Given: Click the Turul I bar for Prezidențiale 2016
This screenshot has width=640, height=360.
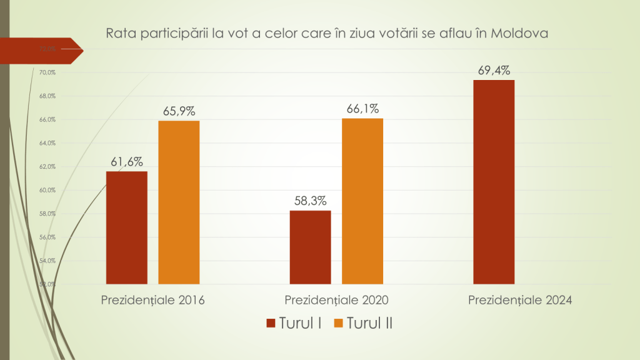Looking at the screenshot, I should [x=127, y=227].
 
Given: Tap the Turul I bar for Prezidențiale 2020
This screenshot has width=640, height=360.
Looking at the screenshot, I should [x=311, y=247].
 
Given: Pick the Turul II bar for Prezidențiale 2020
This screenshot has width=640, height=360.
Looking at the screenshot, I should [x=362, y=201].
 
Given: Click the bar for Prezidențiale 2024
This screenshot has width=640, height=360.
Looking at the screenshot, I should [x=494, y=182].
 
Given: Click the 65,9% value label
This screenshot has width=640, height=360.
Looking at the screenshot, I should [x=179, y=112].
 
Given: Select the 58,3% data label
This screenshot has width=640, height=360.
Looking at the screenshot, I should [x=311, y=201].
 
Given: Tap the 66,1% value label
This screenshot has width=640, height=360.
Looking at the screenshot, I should [x=362, y=109].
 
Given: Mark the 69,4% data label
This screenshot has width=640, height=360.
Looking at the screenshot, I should [x=494, y=71].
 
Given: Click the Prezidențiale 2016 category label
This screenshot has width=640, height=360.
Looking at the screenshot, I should [x=153, y=300].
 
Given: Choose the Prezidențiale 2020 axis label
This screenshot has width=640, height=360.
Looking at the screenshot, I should [x=337, y=300].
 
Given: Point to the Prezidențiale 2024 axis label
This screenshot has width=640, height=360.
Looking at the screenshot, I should [x=521, y=300].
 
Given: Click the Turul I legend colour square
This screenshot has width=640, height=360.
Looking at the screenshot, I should [x=271, y=323].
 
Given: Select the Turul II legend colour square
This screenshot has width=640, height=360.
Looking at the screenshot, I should [x=339, y=323].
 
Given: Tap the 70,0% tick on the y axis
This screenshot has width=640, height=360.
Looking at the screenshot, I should [x=47, y=72].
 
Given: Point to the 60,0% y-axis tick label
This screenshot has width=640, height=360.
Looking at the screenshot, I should [x=47, y=190].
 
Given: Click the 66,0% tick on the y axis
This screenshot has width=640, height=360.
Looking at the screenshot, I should [x=47, y=119].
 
